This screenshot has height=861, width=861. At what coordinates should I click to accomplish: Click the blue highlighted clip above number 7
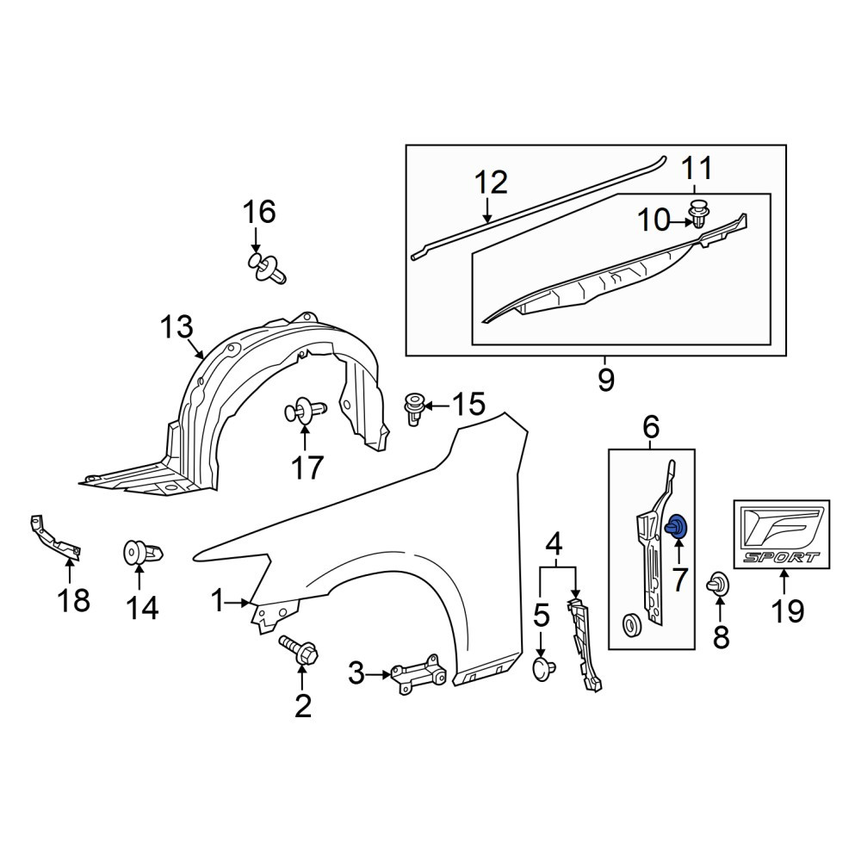click(677, 525)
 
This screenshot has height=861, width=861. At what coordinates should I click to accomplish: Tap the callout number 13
click(177, 327)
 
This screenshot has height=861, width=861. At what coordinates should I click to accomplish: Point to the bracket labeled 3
click(418, 674)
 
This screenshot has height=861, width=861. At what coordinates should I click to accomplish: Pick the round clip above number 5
click(543, 668)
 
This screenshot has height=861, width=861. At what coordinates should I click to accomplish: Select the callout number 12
click(492, 183)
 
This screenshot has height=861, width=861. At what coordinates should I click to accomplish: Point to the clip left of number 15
click(413, 408)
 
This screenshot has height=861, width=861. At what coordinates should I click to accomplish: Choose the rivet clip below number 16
click(268, 268)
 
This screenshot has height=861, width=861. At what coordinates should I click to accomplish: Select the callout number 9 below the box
click(605, 380)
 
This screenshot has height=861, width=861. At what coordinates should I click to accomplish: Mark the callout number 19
click(788, 611)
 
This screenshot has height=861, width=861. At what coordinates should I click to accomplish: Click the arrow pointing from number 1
click(238, 603)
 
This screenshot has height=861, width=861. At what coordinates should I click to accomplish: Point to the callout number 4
click(554, 546)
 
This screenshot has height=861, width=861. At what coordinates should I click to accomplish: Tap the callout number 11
click(697, 169)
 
